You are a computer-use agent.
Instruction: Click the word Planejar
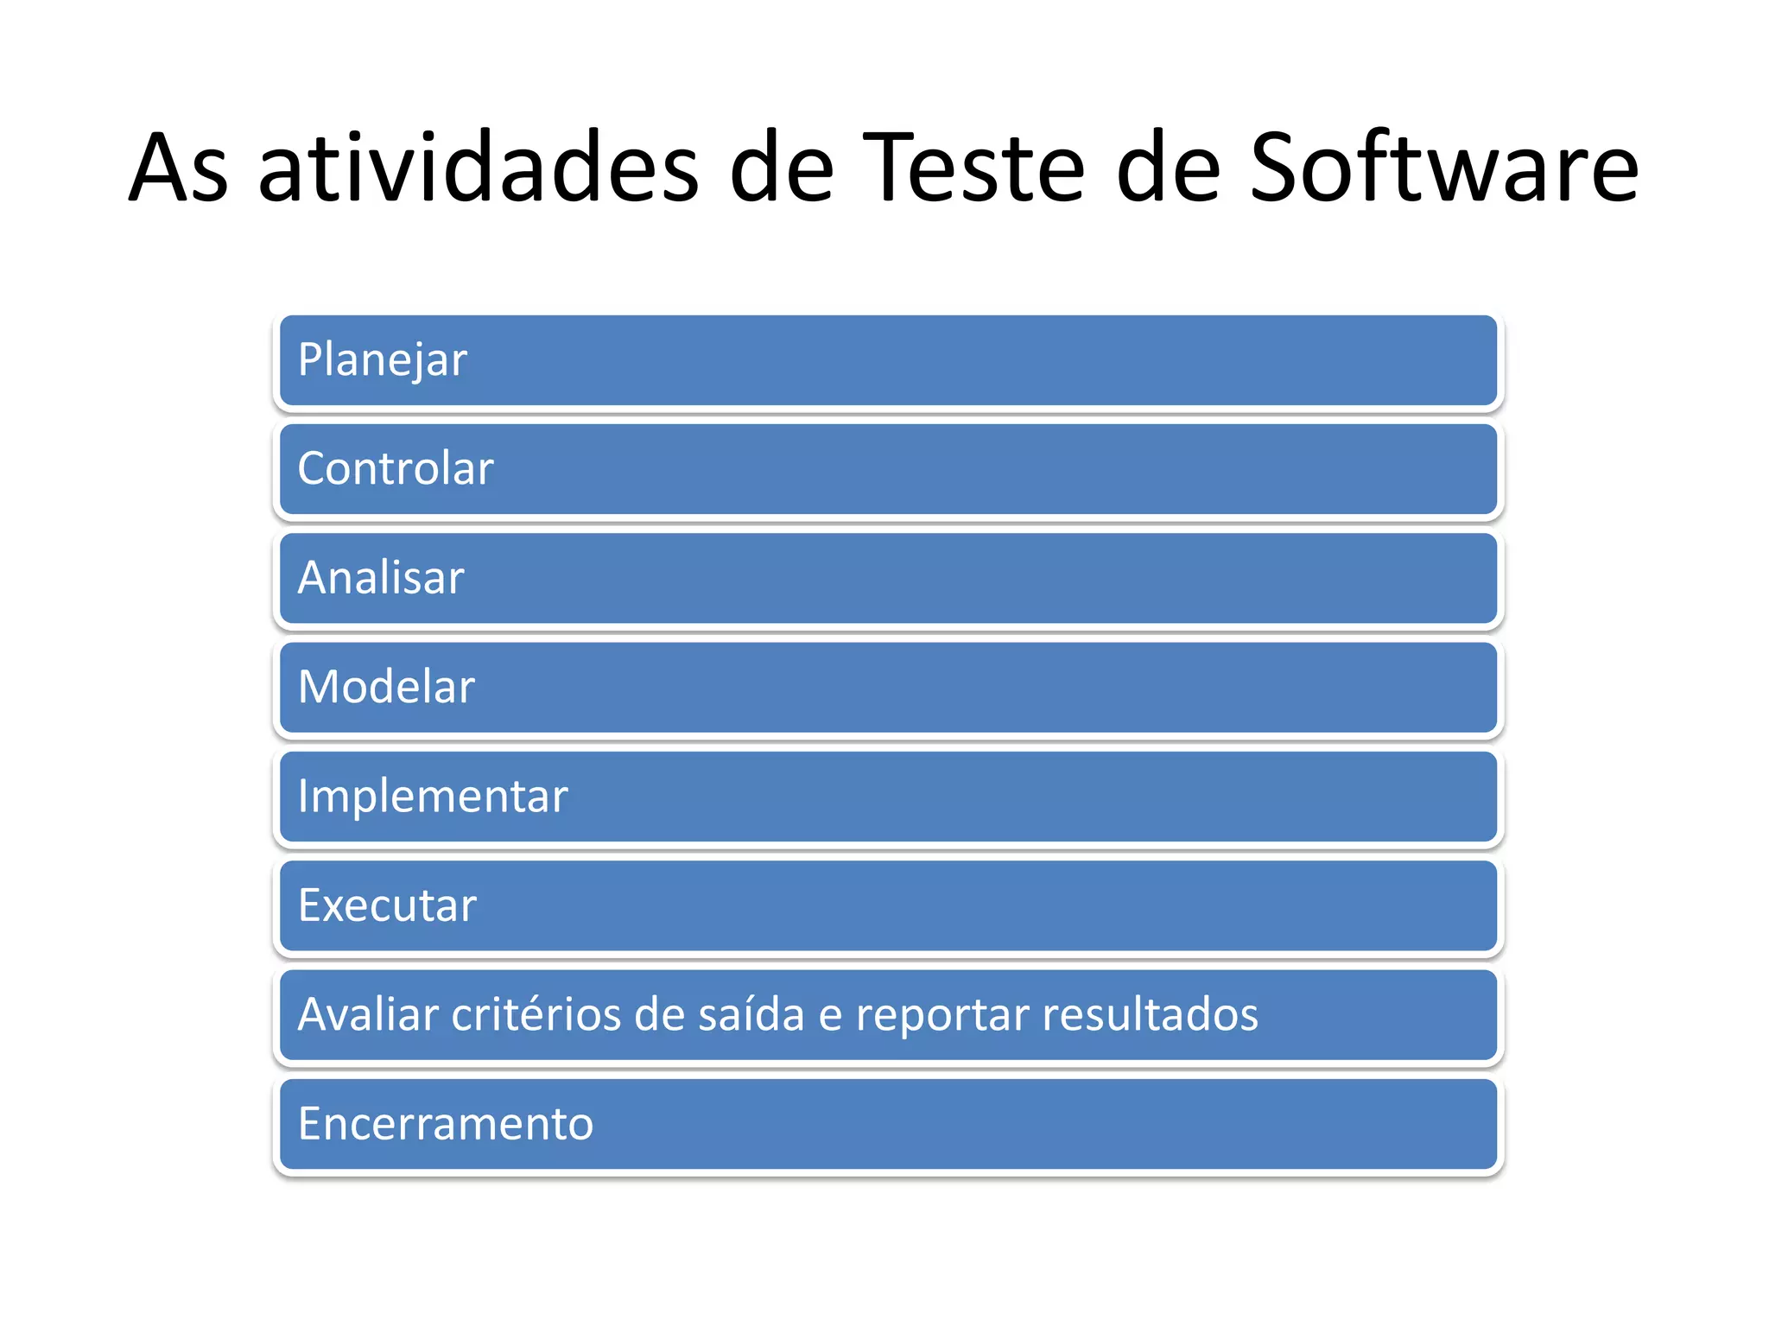(x=382, y=360)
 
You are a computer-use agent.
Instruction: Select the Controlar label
(x=396, y=469)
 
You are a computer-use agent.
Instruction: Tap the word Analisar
(x=381, y=578)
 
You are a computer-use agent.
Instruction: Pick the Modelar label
(x=386, y=687)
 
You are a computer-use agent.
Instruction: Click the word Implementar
(x=433, y=797)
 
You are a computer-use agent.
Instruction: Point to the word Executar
(x=387, y=905)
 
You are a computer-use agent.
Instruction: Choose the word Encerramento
(x=446, y=1124)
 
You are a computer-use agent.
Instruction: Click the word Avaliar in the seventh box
(x=368, y=1015)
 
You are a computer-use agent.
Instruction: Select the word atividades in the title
(x=479, y=168)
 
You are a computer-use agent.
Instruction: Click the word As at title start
(x=179, y=168)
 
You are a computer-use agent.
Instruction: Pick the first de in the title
(x=781, y=168)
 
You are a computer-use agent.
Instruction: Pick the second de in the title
(x=1168, y=168)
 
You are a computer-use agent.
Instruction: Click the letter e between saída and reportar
(x=830, y=1017)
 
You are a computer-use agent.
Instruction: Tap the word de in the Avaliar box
(x=659, y=1015)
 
